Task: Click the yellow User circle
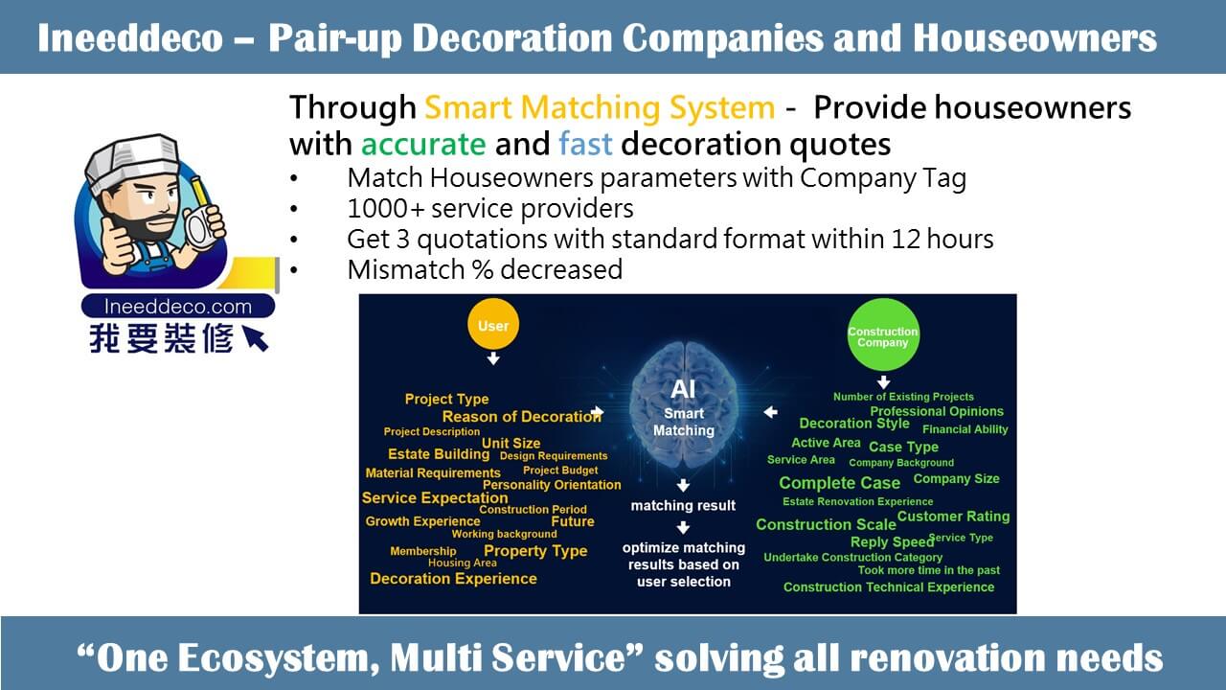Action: point(493,324)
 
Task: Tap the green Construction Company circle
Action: point(883,334)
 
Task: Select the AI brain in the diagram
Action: point(684,405)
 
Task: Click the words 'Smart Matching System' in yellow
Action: point(600,106)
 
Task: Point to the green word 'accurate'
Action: point(423,144)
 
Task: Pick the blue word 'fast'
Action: point(585,144)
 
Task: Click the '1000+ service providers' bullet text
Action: point(490,208)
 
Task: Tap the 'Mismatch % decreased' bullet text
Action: point(485,269)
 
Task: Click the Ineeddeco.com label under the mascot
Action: point(178,306)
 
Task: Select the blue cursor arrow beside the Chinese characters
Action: point(255,338)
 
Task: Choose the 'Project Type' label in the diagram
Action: point(446,399)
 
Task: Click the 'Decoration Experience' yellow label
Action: point(453,578)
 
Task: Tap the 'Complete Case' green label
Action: point(840,482)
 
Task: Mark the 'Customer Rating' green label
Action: point(953,516)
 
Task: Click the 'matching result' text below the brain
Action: point(683,505)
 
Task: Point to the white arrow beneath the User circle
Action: point(493,358)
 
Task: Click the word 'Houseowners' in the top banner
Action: point(1034,37)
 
